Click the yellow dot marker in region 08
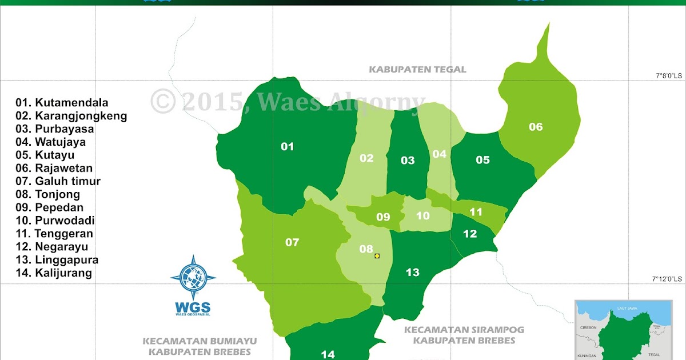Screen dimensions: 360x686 377,255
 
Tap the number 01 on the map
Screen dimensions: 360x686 287,147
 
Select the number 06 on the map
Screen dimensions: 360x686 536,127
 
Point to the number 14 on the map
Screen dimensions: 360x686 328,354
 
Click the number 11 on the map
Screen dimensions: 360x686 476,212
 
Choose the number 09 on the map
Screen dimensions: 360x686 383,217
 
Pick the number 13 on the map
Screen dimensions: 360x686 413,273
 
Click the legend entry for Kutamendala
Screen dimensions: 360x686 62,103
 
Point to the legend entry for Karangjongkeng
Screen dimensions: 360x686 71,116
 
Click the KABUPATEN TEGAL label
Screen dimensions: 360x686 417,70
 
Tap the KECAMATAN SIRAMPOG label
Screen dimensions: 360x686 464,330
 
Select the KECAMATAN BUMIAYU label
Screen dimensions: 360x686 200,341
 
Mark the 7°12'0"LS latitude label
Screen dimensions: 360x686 667,278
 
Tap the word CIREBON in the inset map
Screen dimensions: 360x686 588,327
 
